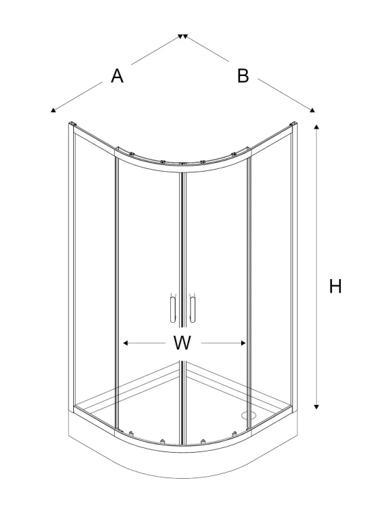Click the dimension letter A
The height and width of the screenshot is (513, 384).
pyautogui.click(x=117, y=76)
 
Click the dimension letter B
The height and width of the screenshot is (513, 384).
pyautogui.click(x=243, y=75)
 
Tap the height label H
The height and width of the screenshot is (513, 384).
pyautogui.click(x=335, y=287)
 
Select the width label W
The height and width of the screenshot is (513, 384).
pyautogui.click(x=182, y=343)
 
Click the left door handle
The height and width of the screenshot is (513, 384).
pyautogui.click(x=173, y=309)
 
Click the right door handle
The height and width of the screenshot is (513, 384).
pyautogui.click(x=193, y=309)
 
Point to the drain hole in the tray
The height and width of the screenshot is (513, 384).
pyautogui.click(x=249, y=415)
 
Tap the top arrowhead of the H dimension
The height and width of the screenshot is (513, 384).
pyautogui.click(x=316, y=127)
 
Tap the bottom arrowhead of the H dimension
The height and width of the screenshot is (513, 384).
pyautogui.click(x=316, y=407)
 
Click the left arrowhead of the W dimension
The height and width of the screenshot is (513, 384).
pyautogui.click(x=125, y=343)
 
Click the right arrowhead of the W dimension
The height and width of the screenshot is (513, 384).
pyautogui.click(x=243, y=343)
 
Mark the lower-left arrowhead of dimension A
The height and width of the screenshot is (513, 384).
pyautogui.click(x=53, y=110)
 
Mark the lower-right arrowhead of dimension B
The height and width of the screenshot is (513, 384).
pyautogui.click(x=313, y=110)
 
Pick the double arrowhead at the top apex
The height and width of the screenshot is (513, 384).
pyautogui.click(x=182, y=36)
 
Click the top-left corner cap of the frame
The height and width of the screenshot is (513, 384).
pyautogui.click(x=72, y=124)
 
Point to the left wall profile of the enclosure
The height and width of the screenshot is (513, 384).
pyautogui.click(x=71, y=265)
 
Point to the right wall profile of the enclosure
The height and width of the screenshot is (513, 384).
pyautogui.click(x=294, y=264)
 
